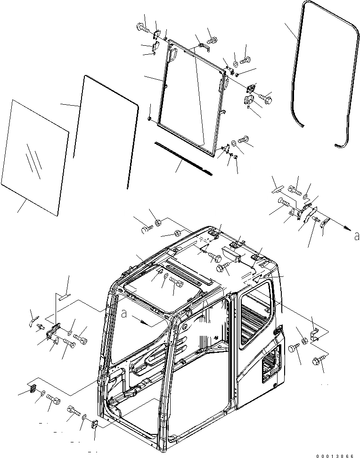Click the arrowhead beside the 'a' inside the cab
coord(150,324)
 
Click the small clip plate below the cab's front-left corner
coord(93,424)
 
